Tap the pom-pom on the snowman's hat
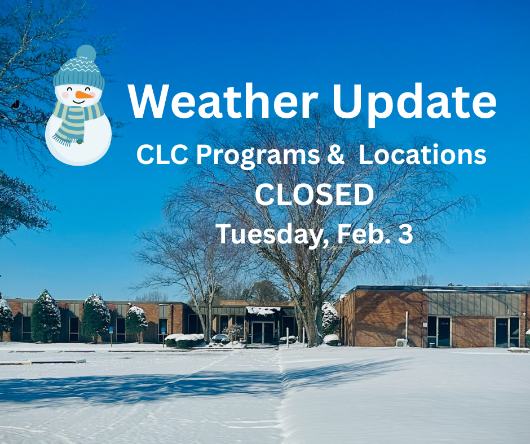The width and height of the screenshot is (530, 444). point(86,53)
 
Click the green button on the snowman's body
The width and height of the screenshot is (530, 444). point(80,141)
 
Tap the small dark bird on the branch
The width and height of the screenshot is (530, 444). point(15,104)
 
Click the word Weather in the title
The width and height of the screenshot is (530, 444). point(218,101)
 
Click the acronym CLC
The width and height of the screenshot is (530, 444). point(160,156)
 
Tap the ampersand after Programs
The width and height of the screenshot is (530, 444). point(335,156)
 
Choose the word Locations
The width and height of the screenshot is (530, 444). point(422,156)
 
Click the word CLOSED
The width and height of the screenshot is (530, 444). point(314,195)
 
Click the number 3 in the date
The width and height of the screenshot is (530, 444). point(405,234)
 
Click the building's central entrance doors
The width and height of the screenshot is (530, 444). point(263,332)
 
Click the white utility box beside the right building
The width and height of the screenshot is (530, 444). point(401,342)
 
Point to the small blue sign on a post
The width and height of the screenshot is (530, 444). point(111,330)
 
